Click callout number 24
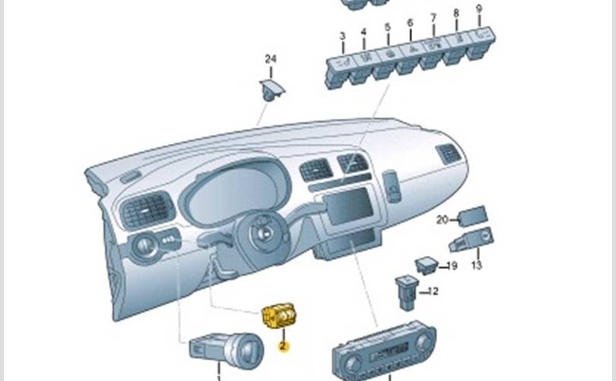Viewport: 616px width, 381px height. tap(271, 59)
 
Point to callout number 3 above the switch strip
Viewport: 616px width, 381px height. tap(342, 36)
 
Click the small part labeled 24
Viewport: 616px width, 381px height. tap(271, 89)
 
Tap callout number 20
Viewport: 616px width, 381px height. tap(443, 220)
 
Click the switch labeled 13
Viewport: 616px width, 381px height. tap(472, 242)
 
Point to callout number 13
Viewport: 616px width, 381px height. tap(476, 266)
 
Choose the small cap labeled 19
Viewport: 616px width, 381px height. tap(427, 265)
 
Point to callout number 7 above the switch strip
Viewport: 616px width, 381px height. tap(433, 18)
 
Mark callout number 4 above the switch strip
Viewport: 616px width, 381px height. tap(364, 32)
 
